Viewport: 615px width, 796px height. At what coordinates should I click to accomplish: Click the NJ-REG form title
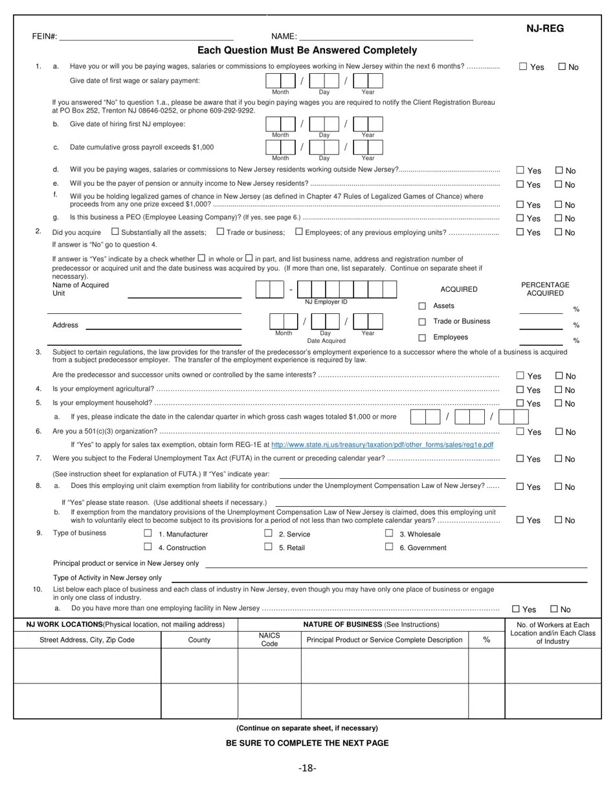(x=544, y=28)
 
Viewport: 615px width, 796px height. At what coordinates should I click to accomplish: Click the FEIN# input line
(x=146, y=38)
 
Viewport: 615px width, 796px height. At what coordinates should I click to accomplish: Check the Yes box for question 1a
(x=523, y=66)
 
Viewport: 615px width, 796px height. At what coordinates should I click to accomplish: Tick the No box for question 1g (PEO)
(x=559, y=218)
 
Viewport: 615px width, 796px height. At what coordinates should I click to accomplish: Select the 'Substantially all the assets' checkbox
(x=115, y=232)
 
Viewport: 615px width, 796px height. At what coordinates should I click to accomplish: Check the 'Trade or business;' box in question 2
(x=220, y=232)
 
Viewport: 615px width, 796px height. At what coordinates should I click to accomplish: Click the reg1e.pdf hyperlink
(x=382, y=445)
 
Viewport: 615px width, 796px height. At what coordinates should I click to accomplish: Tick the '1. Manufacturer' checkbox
(x=148, y=533)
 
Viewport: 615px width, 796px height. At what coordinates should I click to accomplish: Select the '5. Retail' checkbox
(x=268, y=547)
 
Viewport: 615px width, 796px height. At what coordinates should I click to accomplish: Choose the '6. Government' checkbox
(x=389, y=547)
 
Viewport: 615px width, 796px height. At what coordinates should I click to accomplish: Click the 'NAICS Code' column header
(x=269, y=639)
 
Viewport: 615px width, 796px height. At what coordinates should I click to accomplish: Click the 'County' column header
(x=199, y=639)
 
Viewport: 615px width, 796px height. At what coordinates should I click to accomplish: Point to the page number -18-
(x=307, y=768)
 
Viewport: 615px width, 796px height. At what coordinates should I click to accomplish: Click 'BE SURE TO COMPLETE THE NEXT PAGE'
(x=307, y=743)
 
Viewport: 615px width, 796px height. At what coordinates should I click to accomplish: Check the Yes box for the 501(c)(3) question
(x=520, y=431)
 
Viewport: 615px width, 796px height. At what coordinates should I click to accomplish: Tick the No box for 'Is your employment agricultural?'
(x=559, y=390)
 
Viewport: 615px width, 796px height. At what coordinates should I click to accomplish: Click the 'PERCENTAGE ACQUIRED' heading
(x=545, y=289)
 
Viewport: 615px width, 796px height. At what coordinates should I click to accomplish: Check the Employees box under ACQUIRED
(x=422, y=337)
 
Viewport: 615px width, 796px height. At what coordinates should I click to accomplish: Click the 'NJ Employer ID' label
(x=326, y=302)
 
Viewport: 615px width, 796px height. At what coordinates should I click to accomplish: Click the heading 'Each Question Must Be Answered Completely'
(x=307, y=50)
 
